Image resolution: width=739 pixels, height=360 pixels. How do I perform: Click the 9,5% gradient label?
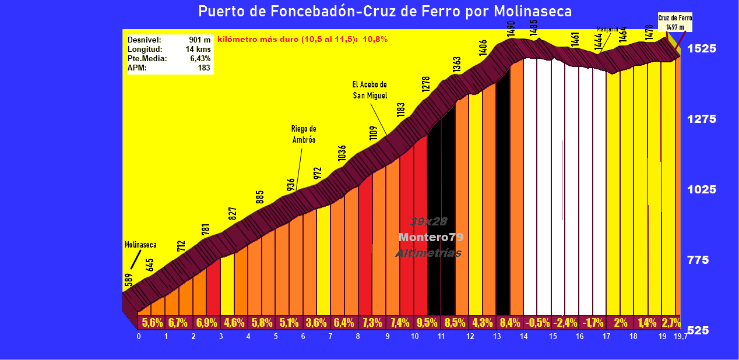point(428,322)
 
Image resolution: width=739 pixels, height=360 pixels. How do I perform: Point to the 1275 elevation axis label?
point(701,119)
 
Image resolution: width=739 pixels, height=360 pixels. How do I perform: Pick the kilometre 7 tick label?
point(330,337)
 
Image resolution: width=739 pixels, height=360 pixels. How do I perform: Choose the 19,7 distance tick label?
point(680,337)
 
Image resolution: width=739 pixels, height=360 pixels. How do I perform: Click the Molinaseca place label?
point(140,245)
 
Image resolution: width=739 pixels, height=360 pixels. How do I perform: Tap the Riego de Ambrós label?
point(304,135)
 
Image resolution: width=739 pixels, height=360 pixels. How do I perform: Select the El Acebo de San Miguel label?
point(369,90)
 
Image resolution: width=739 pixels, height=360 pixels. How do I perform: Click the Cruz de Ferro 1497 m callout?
point(675,22)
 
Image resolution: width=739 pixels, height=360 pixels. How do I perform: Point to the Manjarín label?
point(607,29)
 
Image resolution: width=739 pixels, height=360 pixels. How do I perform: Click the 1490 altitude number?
point(511,29)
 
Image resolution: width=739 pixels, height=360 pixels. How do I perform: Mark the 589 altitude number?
point(128,281)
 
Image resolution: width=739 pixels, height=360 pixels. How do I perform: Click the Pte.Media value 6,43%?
point(200,59)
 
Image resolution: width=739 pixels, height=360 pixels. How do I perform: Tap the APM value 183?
point(204,68)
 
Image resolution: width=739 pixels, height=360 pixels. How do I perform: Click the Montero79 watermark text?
point(431,238)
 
